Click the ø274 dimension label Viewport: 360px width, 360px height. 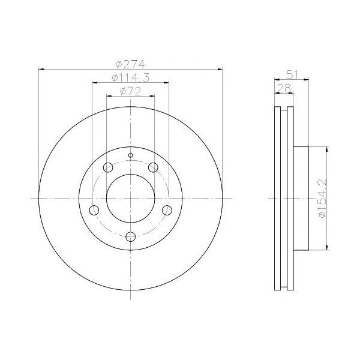click(x=131, y=64)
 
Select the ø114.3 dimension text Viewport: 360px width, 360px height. click(x=131, y=77)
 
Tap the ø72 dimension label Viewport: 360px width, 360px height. click(x=130, y=91)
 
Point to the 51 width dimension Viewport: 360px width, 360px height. click(x=292, y=75)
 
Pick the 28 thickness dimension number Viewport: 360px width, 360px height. click(x=284, y=88)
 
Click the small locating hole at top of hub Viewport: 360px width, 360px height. click(x=130, y=155)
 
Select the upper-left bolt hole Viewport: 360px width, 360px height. click(x=108, y=167)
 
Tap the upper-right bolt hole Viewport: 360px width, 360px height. click(x=153, y=167)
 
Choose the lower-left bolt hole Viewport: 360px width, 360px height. click(x=94, y=210)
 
